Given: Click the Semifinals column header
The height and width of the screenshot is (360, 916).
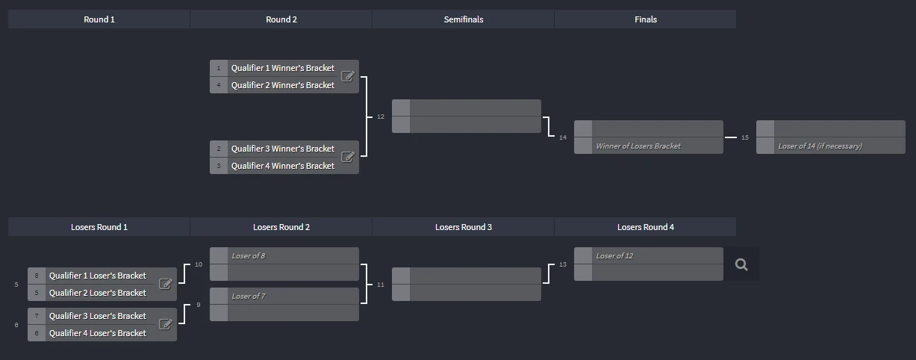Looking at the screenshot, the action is click(x=464, y=19).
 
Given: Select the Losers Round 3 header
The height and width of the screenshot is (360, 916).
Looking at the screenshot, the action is click(x=464, y=227).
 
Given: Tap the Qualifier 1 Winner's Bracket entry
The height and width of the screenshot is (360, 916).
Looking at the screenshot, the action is click(x=283, y=68).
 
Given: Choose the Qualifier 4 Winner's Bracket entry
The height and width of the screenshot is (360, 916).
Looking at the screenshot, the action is click(x=283, y=166).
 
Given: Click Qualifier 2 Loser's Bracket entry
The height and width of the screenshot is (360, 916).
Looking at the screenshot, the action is click(x=97, y=293).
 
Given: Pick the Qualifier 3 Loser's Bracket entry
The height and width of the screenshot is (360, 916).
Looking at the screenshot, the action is click(x=97, y=316).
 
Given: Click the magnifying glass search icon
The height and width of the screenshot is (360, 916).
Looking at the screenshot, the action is click(x=741, y=264).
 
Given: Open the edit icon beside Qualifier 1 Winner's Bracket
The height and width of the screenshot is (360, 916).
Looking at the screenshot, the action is click(x=348, y=76).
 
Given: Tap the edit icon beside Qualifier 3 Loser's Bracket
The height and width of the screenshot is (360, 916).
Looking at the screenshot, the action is click(x=165, y=324).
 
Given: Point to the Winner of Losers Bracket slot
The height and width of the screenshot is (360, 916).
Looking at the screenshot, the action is click(x=649, y=146).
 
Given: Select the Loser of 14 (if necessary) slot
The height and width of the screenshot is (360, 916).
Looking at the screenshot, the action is click(x=831, y=146).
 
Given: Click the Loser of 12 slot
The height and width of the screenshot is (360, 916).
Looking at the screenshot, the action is click(x=649, y=255).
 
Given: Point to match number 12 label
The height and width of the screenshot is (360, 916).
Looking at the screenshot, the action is click(x=381, y=117).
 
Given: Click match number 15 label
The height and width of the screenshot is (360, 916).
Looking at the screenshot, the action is click(x=745, y=137).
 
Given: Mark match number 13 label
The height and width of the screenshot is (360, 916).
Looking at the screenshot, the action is click(x=563, y=264).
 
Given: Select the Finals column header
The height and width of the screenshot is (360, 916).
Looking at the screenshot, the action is click(x=645, y=19).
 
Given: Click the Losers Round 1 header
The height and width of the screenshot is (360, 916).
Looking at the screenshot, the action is click(x=99, y=227).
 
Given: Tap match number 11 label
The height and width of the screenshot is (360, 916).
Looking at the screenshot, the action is click(x=381, y=285).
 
